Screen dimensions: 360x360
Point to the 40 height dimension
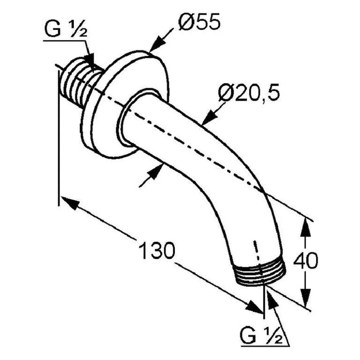(x=306, y=260)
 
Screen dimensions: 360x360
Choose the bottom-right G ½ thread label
(x=261, y=336)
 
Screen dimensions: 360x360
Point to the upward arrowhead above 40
(x=306, y=228)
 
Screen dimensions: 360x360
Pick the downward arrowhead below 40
(x=306, y=297)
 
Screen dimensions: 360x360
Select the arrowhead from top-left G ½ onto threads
(x=91, y=61)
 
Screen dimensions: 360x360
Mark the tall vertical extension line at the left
(x=59, y=138)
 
